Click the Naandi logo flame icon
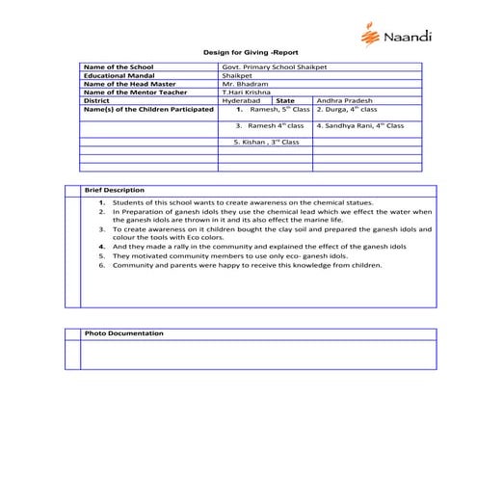368,36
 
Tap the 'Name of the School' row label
119,66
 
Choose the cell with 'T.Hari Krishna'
246,92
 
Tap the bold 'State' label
285,100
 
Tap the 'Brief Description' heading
114,190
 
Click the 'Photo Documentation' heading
123,332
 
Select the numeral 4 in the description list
101,248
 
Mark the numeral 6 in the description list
101,265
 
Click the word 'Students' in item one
127,203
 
